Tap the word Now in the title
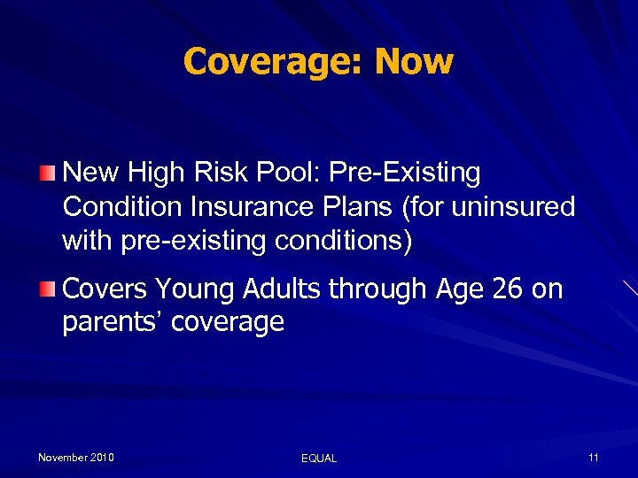tap(414, 62)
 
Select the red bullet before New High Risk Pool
tap(50, 172)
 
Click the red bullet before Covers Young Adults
tap(50, 289)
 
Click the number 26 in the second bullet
tap(508, 289)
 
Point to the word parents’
tap(112, 322)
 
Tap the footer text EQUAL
tap(319, 459)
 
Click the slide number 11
tap(593, 458)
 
